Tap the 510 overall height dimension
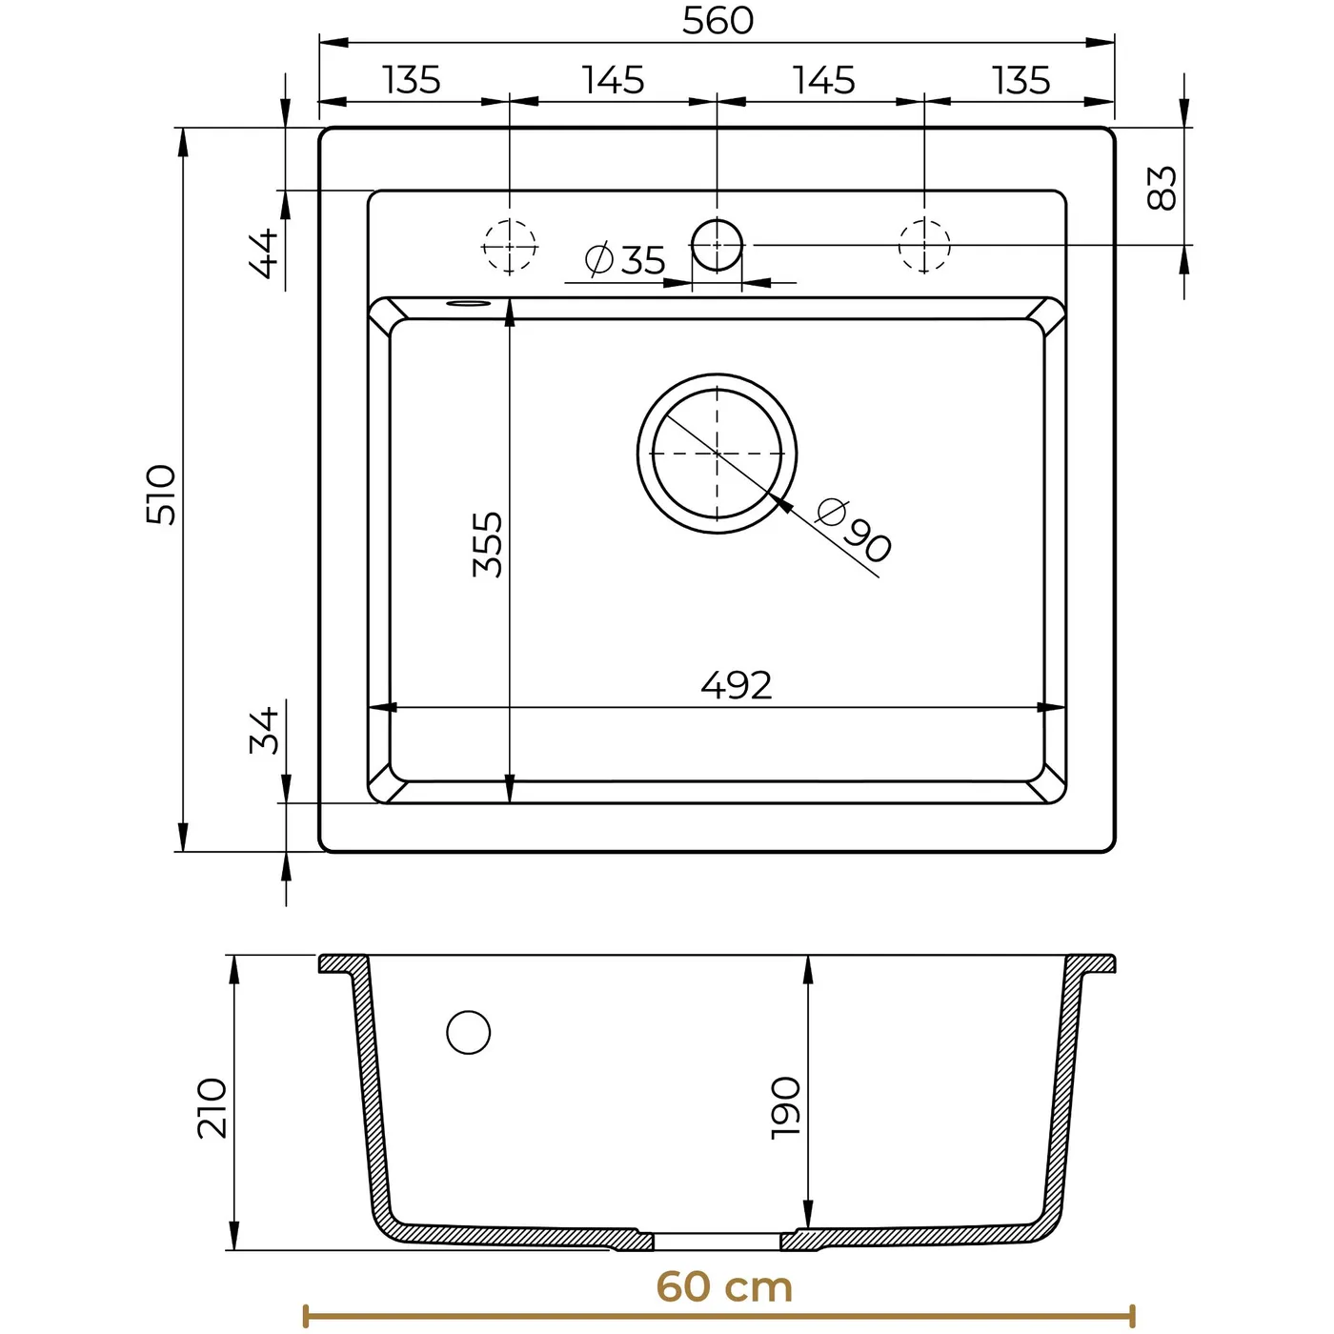pyautogui.click(x=161, y=495)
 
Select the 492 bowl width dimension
pyautogui.click(x=736, y=685)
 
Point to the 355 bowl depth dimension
pyautogui.click(x=487, y=544)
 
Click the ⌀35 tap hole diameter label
pyautogui.click(x=625, y=259)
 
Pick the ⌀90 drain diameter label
pyautogui.click(x=854, y=530)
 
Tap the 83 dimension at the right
pyautogui.click(x=1162, y=188)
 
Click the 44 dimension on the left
pyautogui.click(x=263, y=253)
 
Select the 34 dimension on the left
pyautogui.click(x=264, y=730)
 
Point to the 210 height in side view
pyautogui.click(x=212, y=1107)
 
